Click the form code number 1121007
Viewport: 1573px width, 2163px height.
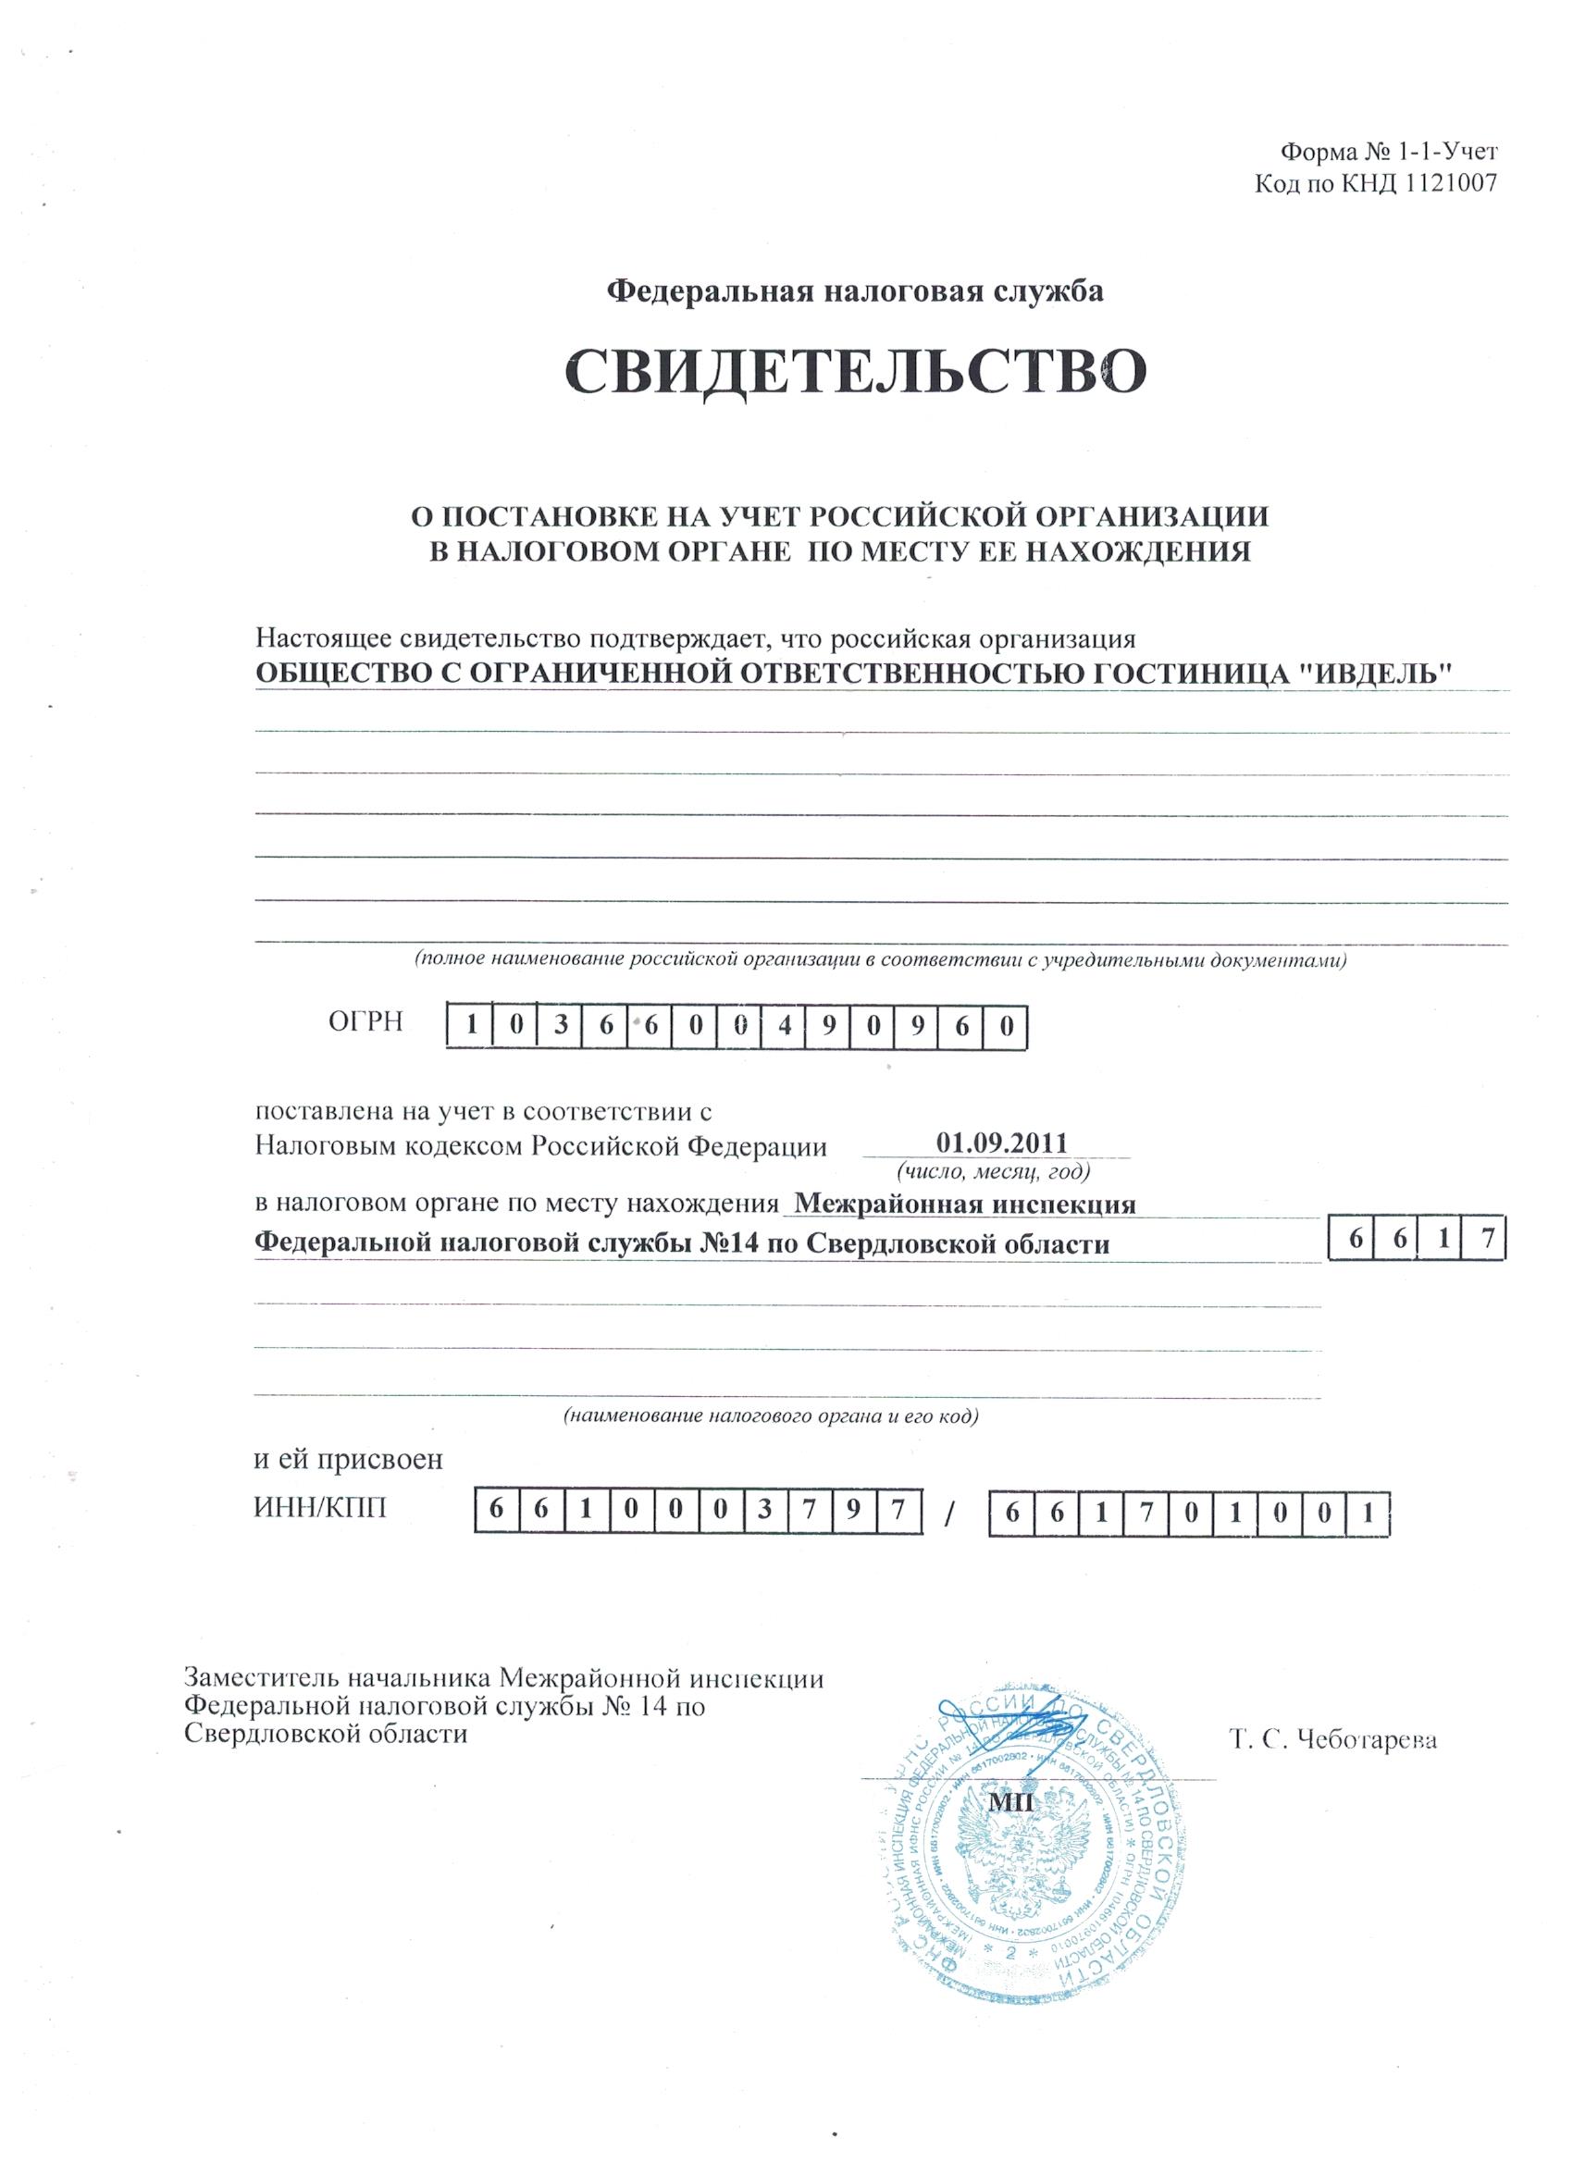tap(1438, 184)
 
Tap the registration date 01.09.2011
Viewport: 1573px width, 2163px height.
tap(1001, 1142)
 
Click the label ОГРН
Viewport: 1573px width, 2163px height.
tap(366, 1022)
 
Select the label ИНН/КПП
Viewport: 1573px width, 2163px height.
tap(321, 1509)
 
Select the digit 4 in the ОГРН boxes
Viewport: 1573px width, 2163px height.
tap(784, 1028)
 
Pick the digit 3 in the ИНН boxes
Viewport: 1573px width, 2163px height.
tap(763, 1512)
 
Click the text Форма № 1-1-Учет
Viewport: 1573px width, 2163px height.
tap(1378, 151)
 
